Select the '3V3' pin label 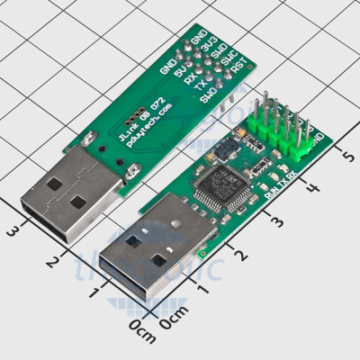point(209,43)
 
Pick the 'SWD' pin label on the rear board point(220,51)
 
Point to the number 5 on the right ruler point(346,157)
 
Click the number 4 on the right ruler point(313,189)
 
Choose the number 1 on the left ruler point(93,292)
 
